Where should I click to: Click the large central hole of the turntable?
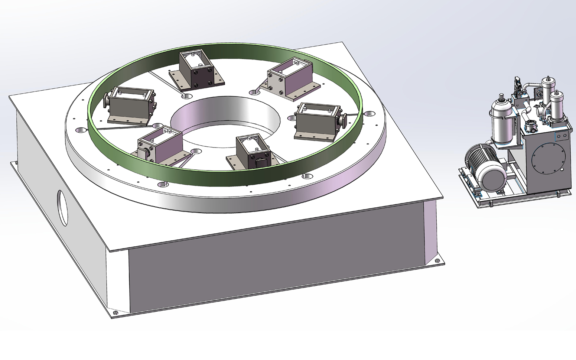[223, 123]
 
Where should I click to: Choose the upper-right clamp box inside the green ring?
[291, 78]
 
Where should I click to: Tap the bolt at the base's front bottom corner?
[115, 312]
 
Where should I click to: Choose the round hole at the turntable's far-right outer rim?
[369, 114]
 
